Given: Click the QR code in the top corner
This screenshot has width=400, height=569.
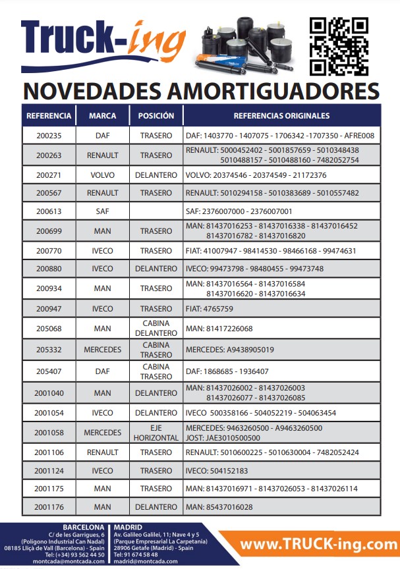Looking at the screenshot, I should (x=339, y=46).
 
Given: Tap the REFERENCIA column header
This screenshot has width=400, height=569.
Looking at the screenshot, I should (x=49, y=116).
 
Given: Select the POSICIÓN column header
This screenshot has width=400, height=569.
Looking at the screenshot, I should (x=156, y=116).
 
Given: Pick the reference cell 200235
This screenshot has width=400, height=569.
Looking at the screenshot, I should (x=49, y=136).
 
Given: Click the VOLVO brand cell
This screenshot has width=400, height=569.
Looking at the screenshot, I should (x=103, y=175).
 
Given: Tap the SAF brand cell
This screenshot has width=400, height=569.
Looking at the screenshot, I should (x=103, y=212).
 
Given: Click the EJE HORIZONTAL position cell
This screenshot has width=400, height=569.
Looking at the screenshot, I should (x=156, y=433).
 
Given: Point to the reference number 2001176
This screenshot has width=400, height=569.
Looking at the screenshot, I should (x=49, y=507).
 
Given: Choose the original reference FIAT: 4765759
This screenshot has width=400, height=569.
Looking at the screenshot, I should (x=210, y=309).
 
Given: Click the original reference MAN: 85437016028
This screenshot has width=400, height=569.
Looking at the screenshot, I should (x=219, y=507).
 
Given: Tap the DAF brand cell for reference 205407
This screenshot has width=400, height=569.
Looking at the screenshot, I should (x=103, y=371).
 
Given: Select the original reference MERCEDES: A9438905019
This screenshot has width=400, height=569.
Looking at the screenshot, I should (x=230, y=350).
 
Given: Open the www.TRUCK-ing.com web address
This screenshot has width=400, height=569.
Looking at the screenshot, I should (x=318, y=545).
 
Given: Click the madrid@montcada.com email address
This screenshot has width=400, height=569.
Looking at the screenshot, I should (x=145, y=562).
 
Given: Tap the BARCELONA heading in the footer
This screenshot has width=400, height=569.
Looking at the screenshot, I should (x=83, y=528).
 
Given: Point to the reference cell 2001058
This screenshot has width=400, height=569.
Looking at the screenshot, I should (x=49, y=433).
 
